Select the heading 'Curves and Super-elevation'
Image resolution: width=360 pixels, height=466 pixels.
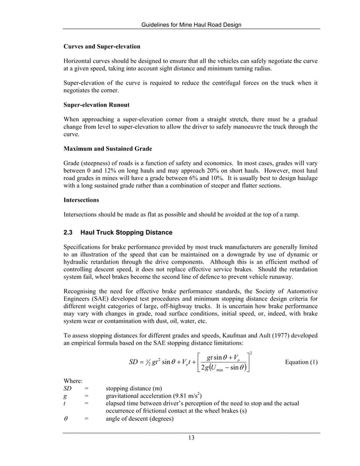[x=102, y=46]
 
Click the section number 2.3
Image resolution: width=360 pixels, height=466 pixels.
[x=69, y=232]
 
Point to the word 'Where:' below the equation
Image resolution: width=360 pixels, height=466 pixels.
[x=73, y=381]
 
